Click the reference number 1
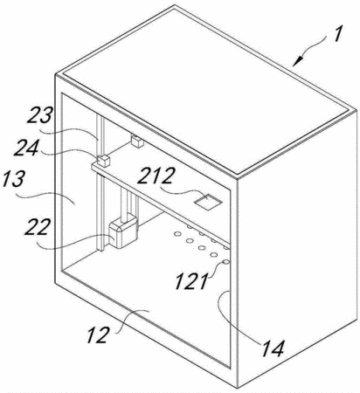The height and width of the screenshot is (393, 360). tap(338, 34)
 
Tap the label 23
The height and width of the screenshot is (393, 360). tap(40, 115)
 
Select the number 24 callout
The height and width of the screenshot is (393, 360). tap(26, 148)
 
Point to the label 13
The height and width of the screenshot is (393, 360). tap(12, 180)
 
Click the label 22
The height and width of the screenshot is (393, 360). tap(38, 227)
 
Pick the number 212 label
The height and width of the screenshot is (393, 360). tap(156, 176)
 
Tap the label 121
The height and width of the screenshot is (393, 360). tap(191, 281)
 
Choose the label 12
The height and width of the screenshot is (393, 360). tap(98, 334)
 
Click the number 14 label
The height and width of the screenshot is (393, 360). tap(273, 348)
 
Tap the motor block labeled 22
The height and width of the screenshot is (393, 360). tap(122, 231)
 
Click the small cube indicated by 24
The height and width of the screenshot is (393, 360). tap(103, 161)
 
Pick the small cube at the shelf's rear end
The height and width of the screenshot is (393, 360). tap(137, 141)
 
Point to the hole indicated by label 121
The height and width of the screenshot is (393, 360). tap(225, 262)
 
